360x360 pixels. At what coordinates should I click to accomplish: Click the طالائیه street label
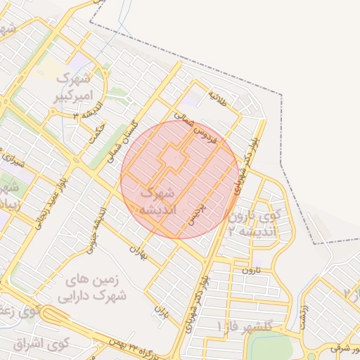[x=218, y=95]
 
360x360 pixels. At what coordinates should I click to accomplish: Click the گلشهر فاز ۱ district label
[x=254, y=326]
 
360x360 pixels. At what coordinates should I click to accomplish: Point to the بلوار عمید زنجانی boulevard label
[x=44, y=212]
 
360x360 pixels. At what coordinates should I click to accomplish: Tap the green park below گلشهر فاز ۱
[x=269, y=346]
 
